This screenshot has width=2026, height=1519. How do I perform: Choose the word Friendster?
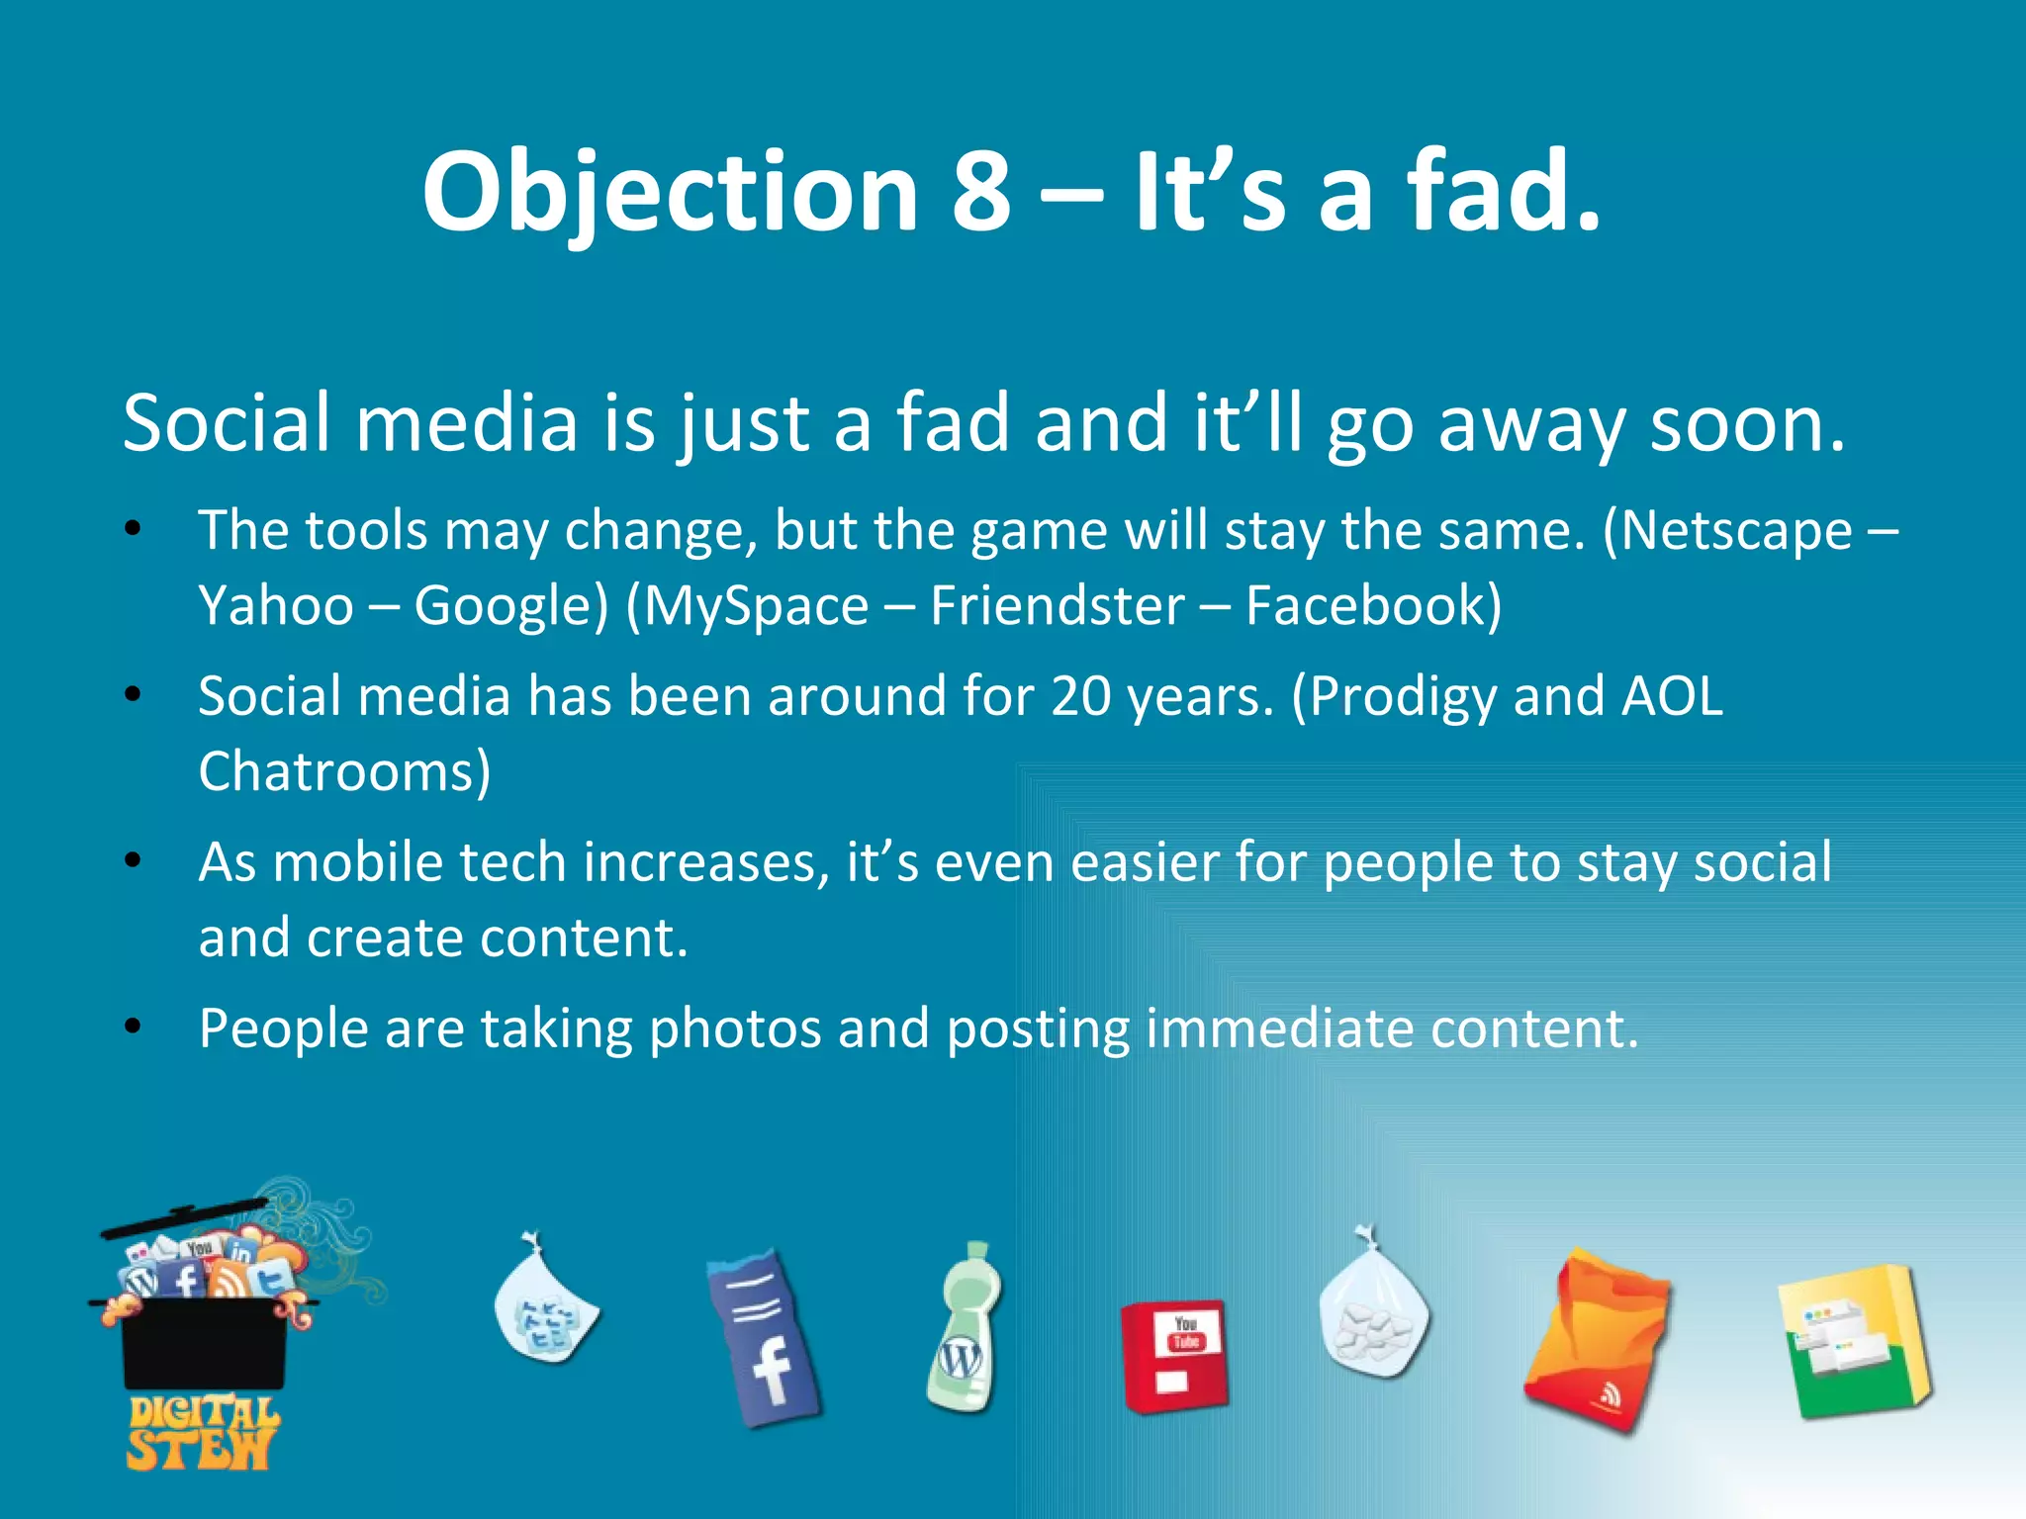click(1057, 605)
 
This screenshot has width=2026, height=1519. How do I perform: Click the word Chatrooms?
click(336, 771)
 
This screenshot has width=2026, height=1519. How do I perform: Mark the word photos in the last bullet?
click(735, 1029)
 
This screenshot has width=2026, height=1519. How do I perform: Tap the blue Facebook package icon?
click(765, 1337)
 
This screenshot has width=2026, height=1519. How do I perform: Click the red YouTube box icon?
click(1175, 1355)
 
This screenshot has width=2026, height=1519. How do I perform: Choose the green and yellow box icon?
click(1853, 1340)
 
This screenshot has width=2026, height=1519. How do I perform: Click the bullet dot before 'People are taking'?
click(134, 1028)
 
